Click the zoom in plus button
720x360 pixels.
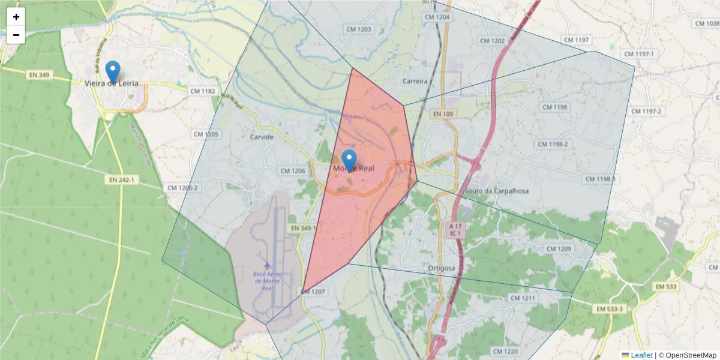click(16, 17)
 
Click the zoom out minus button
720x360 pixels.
click(16, 35)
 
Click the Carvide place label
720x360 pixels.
click(262, 137)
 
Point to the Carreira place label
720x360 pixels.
click(415, 81)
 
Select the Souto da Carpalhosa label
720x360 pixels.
click(497, 191)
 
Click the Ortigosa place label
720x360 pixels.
click(443, 268)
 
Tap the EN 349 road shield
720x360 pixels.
click(39, 75)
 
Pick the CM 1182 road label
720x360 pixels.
click(202, 91)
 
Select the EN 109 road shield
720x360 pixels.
click(443, 114)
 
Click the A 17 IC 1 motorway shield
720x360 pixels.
click(455, 229)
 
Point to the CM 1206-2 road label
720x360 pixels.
click(183, 188)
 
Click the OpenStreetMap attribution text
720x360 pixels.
click(687, 355)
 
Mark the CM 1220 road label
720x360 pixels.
click(505, 351)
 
